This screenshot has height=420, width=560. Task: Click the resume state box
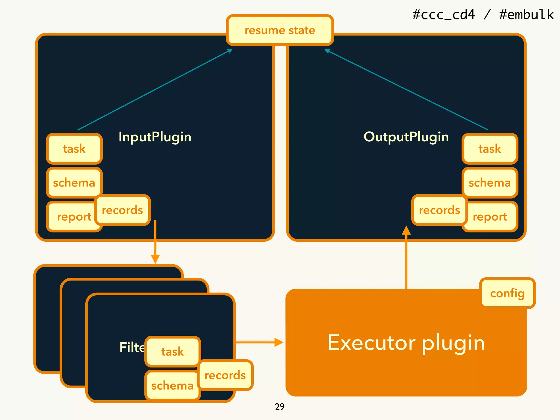click(x=280, y=30)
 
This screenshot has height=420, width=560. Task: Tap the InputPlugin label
click(x=155, y=137)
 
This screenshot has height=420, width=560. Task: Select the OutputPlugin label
click(x=406, y=137)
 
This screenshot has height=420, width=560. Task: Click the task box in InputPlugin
click(x=74, y=149)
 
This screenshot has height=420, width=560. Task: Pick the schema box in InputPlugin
click(x=74, y=182)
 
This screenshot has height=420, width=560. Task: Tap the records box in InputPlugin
click(x=122, y=210)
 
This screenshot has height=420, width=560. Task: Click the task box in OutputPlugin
click(x=489, y=149)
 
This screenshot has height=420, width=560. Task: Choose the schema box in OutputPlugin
click(x=489, y=182)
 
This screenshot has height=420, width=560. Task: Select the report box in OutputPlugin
click(x=491, y=217)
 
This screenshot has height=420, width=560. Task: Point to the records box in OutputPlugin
click(x=439, y=210)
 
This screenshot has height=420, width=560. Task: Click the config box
click(x=507, y=293)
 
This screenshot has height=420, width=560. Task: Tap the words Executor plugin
click(x=406, y=343)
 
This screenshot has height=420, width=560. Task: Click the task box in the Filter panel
click(x=173, y=351)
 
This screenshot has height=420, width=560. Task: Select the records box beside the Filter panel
click(x=225, y=375)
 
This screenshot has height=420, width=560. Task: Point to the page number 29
click(x=279, y=407)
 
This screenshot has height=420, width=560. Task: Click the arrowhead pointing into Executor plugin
click(x=279, y=342)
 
